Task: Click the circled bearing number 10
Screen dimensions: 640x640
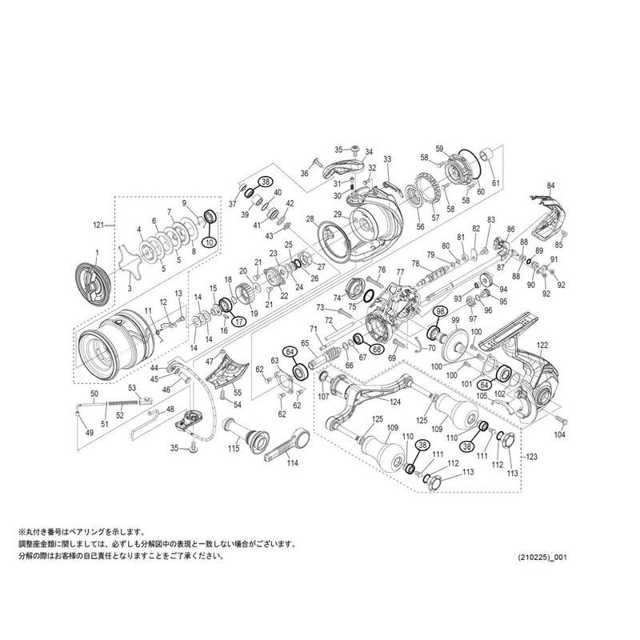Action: [209, 242]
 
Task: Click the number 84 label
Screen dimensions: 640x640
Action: [550, 186]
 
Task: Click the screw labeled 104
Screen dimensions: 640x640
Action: [562, 421]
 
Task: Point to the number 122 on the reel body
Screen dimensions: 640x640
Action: [542, 345]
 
